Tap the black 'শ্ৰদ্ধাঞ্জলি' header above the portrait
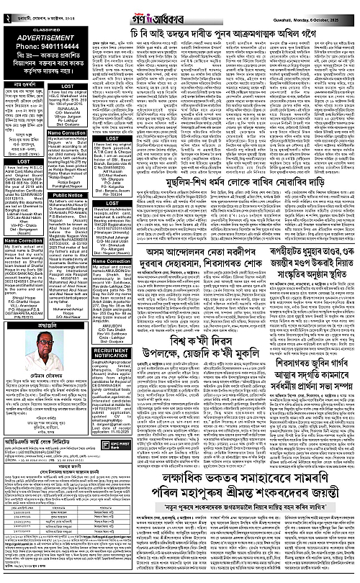(45, 325)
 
